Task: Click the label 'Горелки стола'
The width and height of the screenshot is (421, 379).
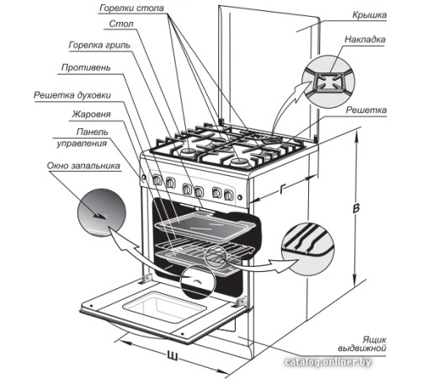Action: (131, 8)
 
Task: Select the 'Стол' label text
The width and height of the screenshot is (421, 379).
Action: (121, 24)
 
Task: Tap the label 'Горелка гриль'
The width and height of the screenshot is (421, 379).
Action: (99, 45)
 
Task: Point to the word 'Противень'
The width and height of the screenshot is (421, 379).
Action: (86, 67)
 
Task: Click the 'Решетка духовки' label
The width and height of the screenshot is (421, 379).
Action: (72, 95)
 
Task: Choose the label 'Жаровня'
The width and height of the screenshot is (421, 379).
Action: (92, 114)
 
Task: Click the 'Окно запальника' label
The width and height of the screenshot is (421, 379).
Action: (83, 166)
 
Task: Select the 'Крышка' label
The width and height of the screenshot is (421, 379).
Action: (370, 15)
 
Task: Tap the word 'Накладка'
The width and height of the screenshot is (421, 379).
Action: (365, 40)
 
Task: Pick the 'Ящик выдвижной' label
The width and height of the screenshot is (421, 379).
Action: (362, 344)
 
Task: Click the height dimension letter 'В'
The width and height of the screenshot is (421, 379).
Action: (356, 209)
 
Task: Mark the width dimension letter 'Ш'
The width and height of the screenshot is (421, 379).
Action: (172, 355)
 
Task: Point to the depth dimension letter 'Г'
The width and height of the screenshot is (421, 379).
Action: (282, 190)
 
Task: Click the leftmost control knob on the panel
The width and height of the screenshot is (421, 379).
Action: (157, 179)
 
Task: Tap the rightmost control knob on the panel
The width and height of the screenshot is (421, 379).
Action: (228, 195)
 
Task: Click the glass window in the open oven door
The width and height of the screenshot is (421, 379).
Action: (164, 307)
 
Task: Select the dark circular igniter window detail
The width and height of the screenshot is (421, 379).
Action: (101, 212)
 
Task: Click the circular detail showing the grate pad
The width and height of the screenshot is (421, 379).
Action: (328, 82)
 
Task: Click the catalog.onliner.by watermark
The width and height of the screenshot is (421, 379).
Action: (328, 362)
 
